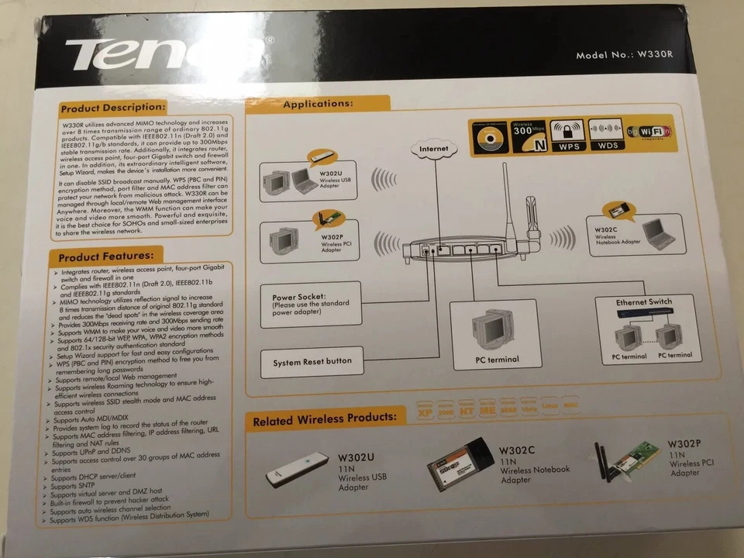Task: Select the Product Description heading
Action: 113,108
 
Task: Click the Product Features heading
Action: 107,254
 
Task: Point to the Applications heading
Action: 319,103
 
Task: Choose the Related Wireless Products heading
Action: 325,418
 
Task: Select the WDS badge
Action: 607,135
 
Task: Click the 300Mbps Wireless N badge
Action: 529,135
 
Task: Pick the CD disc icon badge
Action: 489,135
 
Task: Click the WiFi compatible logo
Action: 649,133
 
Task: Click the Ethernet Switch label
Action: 644,301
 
